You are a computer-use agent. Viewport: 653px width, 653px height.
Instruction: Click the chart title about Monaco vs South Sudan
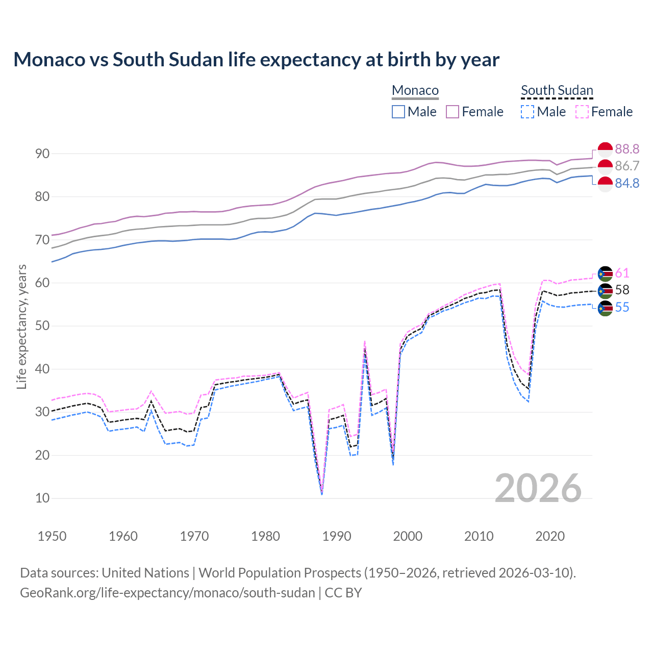(x=256, y=60)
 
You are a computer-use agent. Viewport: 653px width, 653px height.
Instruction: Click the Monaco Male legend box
(x=398, y=112)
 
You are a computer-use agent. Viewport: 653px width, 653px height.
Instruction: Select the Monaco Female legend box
(x=453, y=112)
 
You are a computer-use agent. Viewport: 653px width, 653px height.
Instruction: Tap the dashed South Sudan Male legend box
(x=528, y=112)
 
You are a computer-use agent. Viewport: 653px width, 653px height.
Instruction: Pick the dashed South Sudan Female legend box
(x=582, y=112)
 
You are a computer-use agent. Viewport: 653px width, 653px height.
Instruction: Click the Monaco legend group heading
(x=415, y=91)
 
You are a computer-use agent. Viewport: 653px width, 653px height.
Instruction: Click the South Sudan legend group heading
(x=557, y=91)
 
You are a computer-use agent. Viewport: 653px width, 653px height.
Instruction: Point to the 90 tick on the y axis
(x=42, y=154)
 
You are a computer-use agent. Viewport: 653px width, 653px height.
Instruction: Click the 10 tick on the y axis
(x=42, y=498)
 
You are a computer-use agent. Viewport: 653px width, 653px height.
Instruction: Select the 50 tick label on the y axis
(x=42, y=326)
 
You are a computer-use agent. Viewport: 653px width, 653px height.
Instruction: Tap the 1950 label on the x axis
(x=52, y=536)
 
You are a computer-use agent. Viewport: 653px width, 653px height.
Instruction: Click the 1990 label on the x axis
(x=337, y=536)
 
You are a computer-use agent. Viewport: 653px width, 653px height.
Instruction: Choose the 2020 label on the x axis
(x=550, y=536)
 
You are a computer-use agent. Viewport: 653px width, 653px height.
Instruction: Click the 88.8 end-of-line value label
(x=627, y=149)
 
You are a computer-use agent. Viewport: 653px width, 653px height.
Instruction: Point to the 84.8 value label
(x=627, y=183)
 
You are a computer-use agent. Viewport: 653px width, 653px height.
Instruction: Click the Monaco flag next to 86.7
(x=605, y=166)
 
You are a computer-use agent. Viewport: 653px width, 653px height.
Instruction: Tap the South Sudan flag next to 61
(x=605, y=274)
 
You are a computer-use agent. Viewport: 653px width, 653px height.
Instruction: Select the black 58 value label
(x=622, y=290)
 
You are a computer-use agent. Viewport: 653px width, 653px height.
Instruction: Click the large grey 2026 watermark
(x=538, y=488)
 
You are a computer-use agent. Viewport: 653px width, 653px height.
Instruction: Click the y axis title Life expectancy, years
(x=21, y=326)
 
